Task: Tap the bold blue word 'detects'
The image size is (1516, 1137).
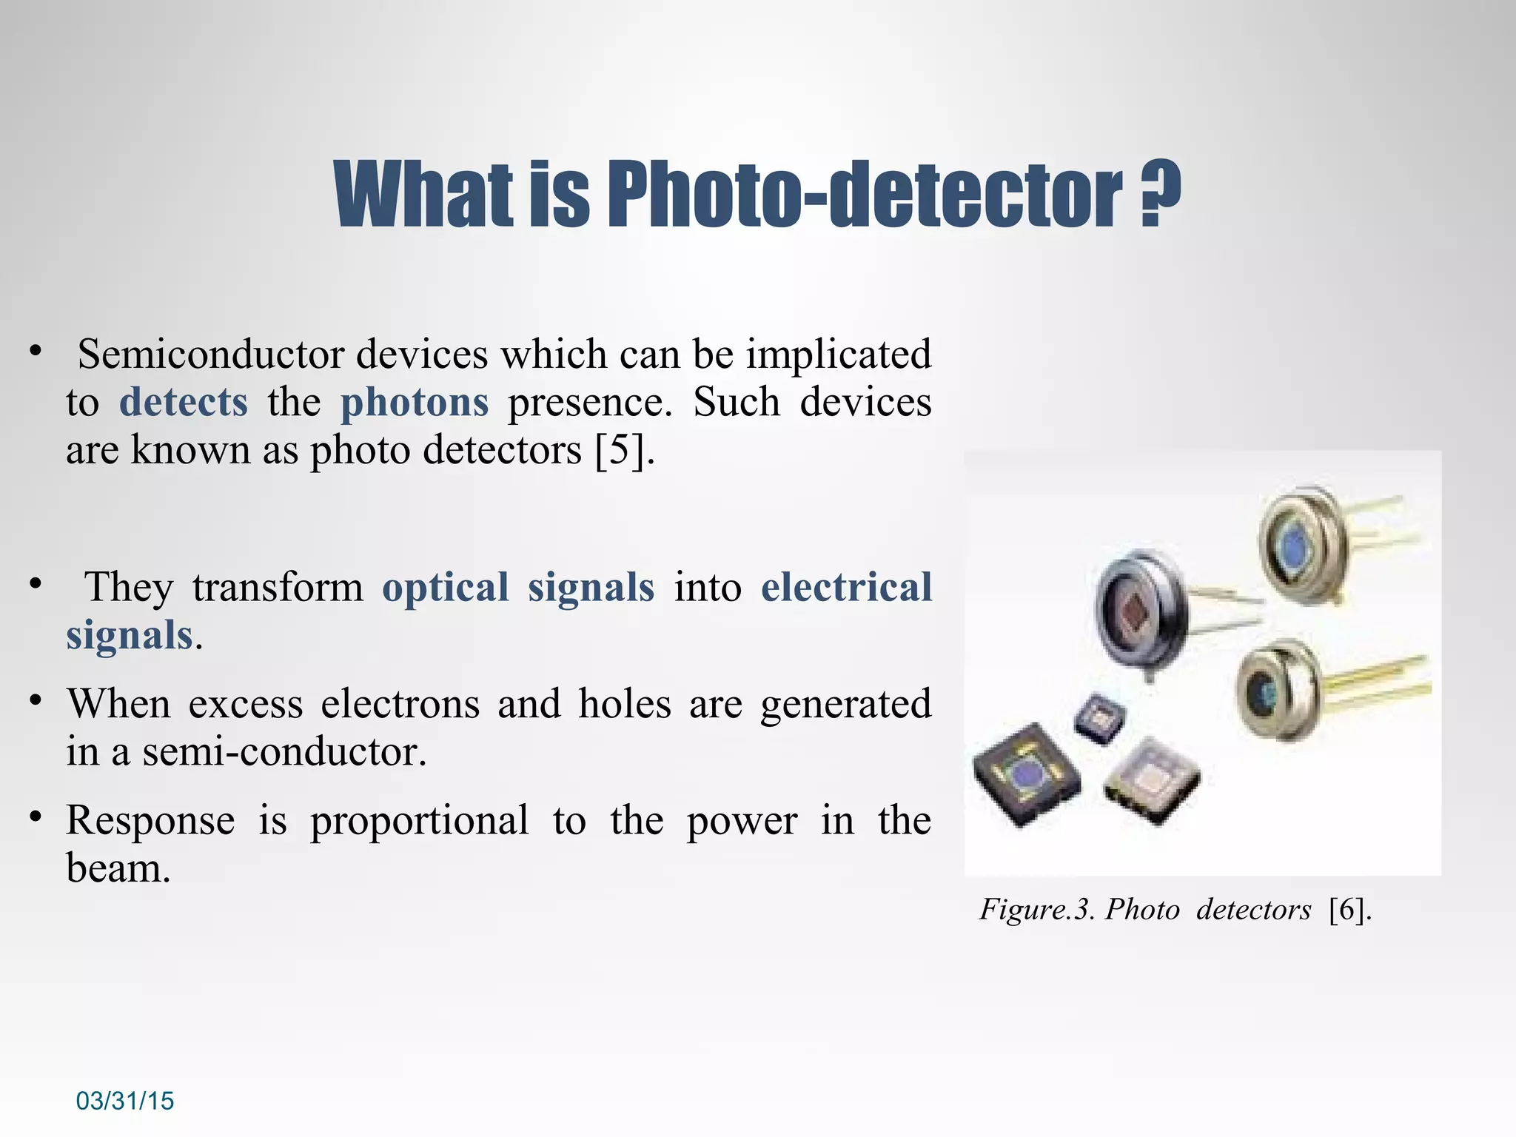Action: [184, 403]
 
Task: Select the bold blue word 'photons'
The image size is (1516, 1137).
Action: [415, 403]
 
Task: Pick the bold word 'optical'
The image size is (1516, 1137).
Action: [446, 588]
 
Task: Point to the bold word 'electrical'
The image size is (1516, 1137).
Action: [846, 588]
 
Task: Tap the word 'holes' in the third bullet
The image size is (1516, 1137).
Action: [625, 703]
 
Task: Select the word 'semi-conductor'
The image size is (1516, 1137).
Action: [284, 752]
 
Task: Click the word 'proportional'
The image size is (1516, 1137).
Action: [419, 820]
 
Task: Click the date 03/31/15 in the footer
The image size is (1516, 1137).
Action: [125, 1101]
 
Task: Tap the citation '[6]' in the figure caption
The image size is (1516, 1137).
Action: [1349, 909]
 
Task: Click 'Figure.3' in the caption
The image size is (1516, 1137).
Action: [1036, 909]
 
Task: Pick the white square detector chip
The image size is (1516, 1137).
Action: [1150, 781]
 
